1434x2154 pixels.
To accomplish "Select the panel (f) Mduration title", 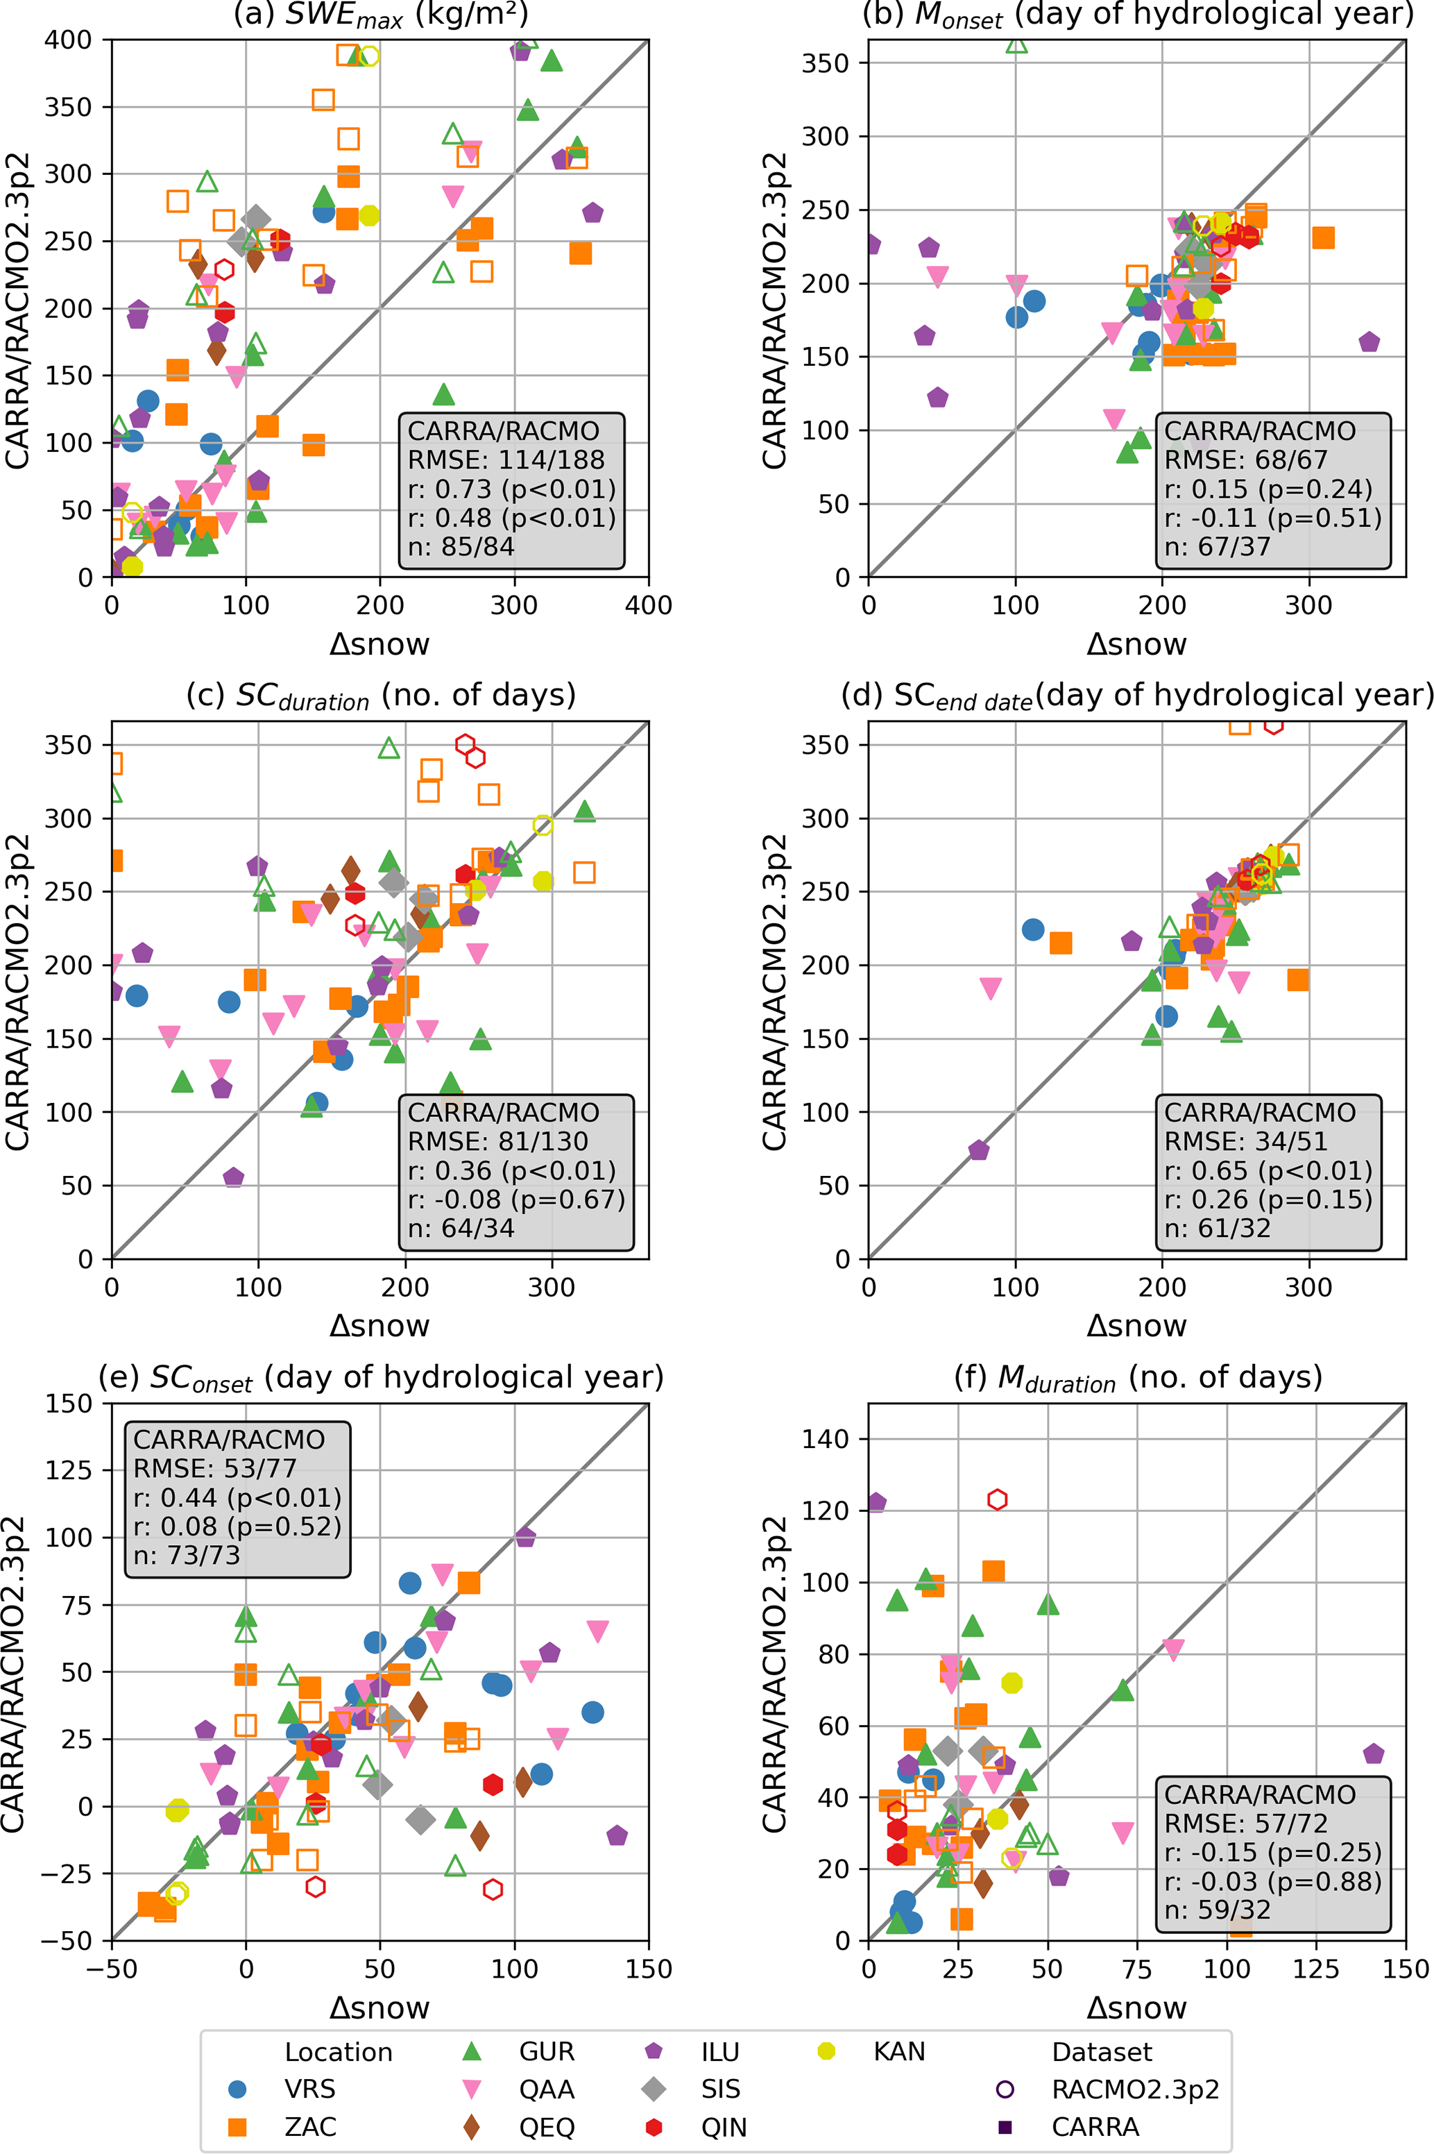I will [1138, 1377].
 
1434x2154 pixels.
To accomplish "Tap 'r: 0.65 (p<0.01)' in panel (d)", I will [1267, 1170].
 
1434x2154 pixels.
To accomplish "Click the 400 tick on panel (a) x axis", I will [649, 605].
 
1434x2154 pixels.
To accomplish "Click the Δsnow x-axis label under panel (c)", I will [379, 1325].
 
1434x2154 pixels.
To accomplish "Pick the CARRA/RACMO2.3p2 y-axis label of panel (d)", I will [774, 992].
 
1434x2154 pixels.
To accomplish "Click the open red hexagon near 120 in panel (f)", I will [998, 1499].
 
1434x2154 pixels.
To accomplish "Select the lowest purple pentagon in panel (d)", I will [979, 1150].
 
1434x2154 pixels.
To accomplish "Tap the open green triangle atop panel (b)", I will [1016, 44].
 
